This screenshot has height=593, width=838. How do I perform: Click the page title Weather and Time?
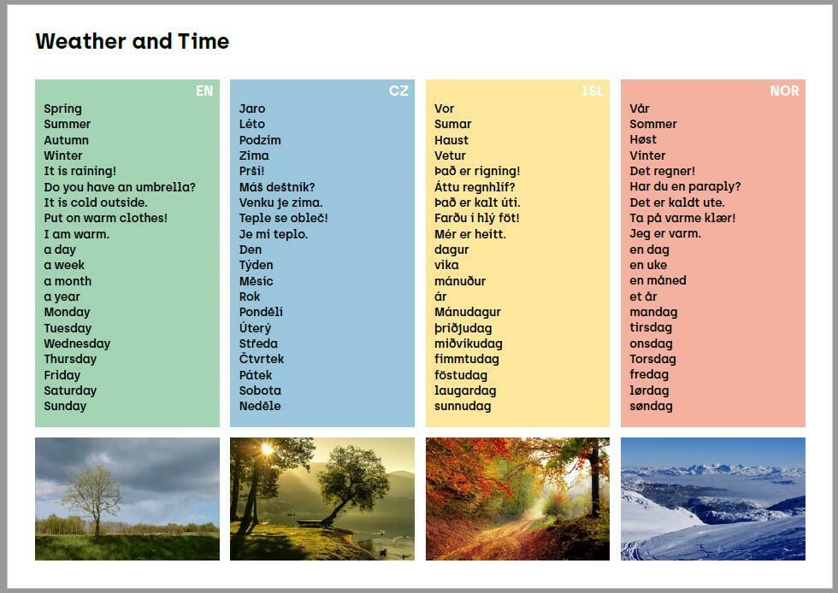(133, 41)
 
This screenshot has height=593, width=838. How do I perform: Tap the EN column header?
(204, 91)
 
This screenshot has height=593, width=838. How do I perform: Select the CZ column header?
(398, 91)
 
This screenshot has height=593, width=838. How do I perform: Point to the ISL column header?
(593, 91)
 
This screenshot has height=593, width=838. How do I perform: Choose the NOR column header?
(785, 91)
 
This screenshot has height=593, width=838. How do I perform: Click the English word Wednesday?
(77, 343)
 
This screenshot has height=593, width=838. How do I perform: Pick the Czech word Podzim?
(260, 140)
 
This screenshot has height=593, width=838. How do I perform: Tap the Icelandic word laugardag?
(465, 391)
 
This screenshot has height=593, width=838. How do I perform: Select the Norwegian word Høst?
(643, 139)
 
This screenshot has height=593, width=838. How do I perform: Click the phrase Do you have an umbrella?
(120, 187)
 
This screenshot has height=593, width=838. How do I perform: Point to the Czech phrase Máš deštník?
(277, 187)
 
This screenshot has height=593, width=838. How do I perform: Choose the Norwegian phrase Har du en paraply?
(685, 187)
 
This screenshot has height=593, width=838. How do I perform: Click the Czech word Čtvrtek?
(262, 359)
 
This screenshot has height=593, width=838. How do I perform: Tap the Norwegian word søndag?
(651, 406)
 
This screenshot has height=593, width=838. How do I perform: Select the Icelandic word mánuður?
(460, 281)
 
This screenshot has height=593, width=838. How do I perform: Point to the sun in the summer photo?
(267, 449)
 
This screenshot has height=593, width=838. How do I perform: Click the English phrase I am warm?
(76, 234)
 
